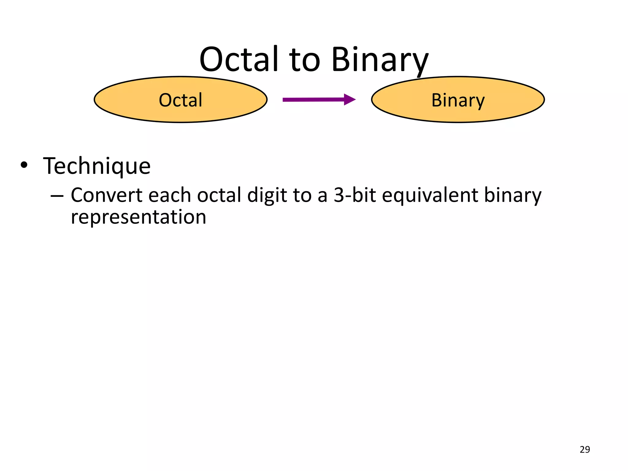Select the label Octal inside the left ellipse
pos(181,100)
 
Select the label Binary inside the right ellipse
pos(458,101)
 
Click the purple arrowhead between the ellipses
pos(349,99)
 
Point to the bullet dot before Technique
pos(24,166)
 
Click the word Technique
pos(97,166)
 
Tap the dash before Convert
pos(57,195)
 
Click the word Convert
pos(106,195)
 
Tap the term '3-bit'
pos(354,195)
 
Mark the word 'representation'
pos(138,217)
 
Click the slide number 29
pos(585,450)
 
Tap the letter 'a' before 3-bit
pos(322,196)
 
